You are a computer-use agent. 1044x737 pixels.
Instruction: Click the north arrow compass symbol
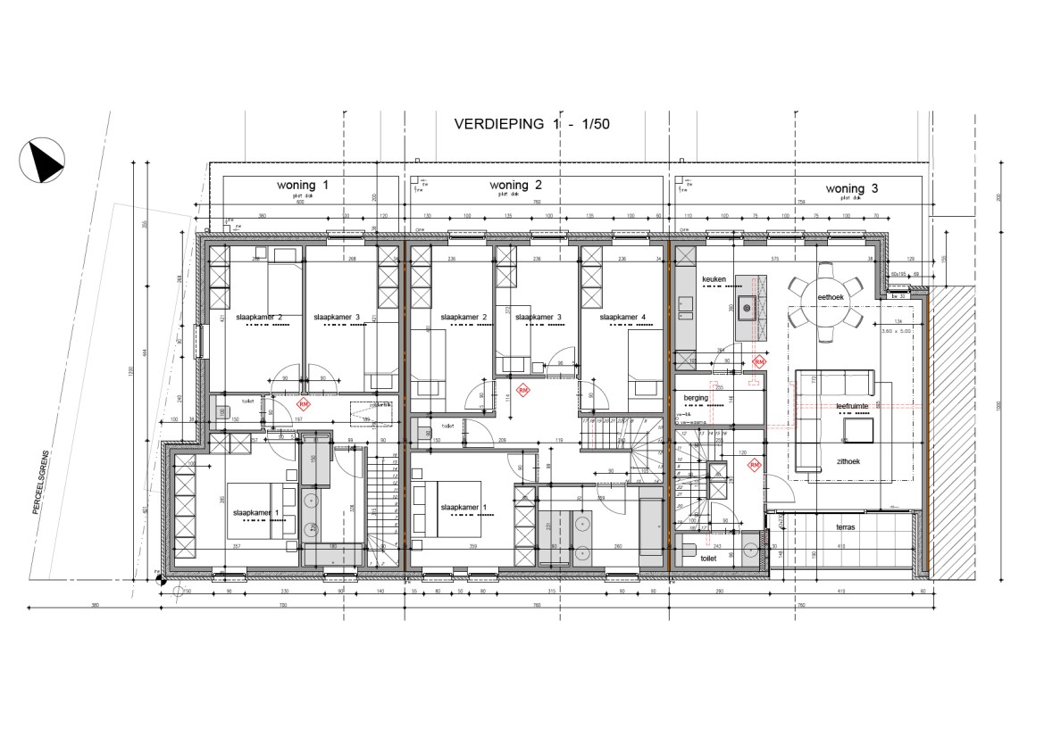pyautogui.click(x=42, y=161)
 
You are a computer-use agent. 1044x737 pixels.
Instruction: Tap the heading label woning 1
pyautogui.click(x=303, y=186)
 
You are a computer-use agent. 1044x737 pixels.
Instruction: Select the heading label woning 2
pyautogui.click(x=516, y=186)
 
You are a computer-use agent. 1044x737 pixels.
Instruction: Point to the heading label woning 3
pyautogui.click(x=851, y=188)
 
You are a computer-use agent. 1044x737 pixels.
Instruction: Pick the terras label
pyautogui.click(x=845, y=528)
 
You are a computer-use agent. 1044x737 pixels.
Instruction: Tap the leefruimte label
pyautogui.click(x=852, y=406)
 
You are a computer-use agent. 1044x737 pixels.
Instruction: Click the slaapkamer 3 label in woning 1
pyautogui.click(x=336, y=317)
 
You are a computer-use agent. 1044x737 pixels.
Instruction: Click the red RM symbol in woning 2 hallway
pyautogui.click(x=522, y=391)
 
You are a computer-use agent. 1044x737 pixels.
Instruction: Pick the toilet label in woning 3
pyautogui.click(x=710, y=558)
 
